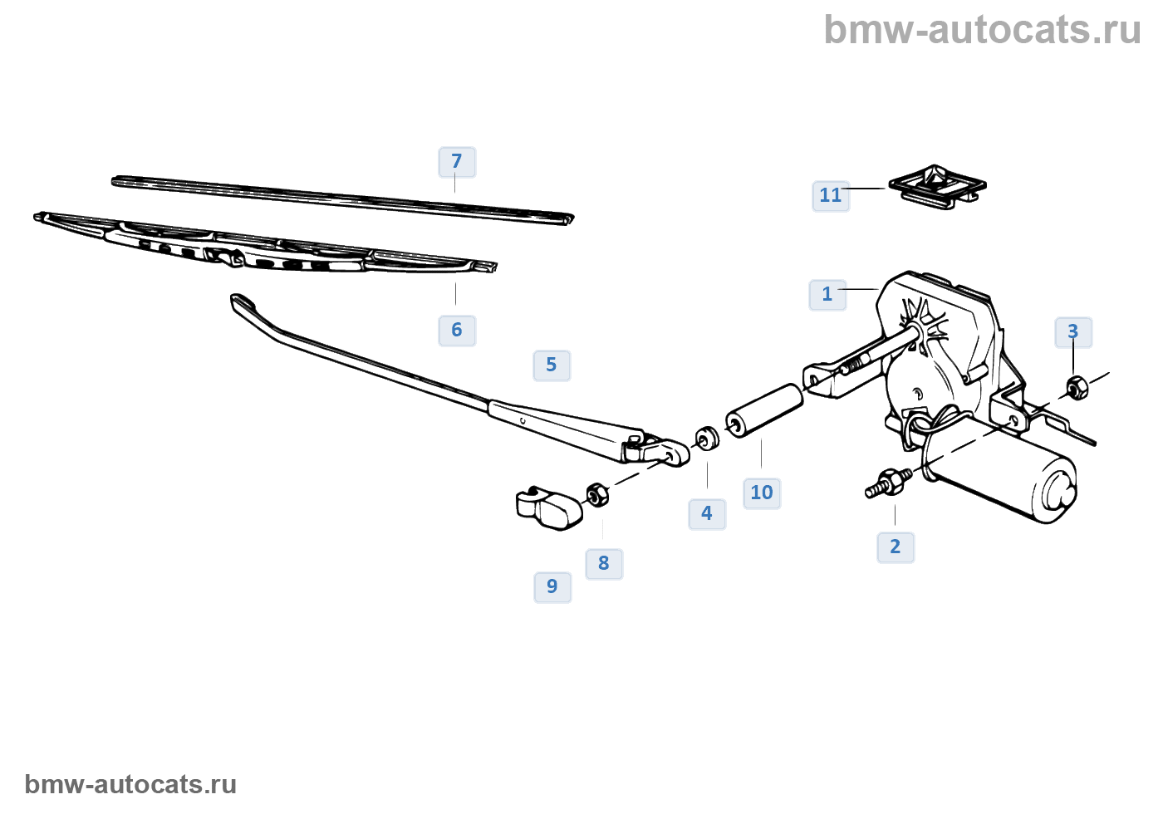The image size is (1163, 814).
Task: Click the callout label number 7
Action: point(457,162)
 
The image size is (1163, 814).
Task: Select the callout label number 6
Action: point(457,331)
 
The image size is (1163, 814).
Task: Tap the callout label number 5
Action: point(552,365)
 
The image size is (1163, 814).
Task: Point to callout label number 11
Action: point(831,196)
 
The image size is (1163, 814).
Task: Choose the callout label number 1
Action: point(827,295)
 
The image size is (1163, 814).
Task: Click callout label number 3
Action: point(1073,332)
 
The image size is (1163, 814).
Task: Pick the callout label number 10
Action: point(762,493)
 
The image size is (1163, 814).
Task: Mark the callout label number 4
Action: point(707,514)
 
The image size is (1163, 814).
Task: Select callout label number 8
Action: point(604,564)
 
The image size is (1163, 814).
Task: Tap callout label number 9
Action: point(552,587)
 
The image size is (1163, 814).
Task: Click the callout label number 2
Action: point(896,547)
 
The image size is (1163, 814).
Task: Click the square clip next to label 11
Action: point(937,186)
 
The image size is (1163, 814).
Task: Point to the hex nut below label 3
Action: point(1077,387)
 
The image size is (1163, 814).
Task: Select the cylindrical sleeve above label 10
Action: point(765,409)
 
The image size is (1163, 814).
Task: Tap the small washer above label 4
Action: point(707,437)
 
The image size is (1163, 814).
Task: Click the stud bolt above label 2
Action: point(887,483)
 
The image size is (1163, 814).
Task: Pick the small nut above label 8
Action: point(597,494)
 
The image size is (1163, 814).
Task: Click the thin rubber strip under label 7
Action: point(342,199)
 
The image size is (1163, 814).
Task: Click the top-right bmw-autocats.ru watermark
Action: point(982,30)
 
